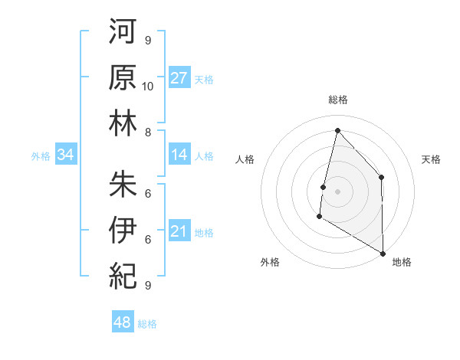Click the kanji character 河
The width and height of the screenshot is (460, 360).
tap(123, 34)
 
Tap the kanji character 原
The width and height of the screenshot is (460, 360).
tap(123, 78)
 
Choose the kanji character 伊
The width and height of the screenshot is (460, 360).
tap(123, 231)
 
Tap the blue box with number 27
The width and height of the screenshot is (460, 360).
tap(179, 78)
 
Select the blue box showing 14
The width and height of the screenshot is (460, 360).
tap(179, 155)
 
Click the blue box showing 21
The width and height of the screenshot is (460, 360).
tap(179, 231)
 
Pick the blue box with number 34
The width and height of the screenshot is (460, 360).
tap(66, 155)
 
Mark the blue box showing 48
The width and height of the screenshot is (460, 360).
tap(123, 322)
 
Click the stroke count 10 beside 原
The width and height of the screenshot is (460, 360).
tap(148, 86)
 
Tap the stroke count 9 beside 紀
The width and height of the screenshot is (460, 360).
tap(148, 285)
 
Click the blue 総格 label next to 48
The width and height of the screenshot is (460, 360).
tap(148, 324)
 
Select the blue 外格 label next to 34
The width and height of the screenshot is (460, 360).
tap(41, 156)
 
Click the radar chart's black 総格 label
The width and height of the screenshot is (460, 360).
tap(337, 100)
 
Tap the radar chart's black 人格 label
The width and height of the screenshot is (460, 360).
tap(245, 159)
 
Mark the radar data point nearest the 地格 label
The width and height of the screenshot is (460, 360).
tap(383, 253)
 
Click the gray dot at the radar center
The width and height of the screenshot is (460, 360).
tap(337, 191)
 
